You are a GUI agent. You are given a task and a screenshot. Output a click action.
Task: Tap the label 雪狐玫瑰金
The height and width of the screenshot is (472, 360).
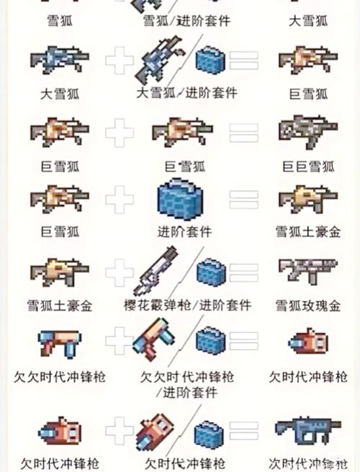pyautogui.click(x=308, y=305)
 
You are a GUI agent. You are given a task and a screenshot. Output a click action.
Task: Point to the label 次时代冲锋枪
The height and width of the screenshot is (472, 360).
pyautogui.click(x=308, y=463)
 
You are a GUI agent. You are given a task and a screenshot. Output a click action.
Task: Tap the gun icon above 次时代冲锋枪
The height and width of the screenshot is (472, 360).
pyautogui.click(x=308, y=427)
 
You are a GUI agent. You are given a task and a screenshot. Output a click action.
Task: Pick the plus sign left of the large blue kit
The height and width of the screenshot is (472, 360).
pyautogui.click(x=120, y=200)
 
